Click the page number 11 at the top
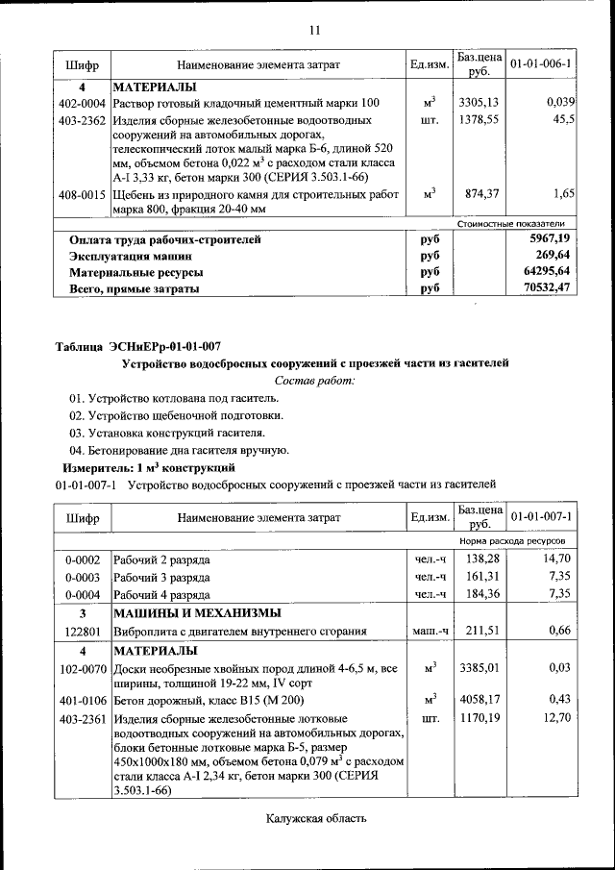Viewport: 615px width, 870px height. [313, 30]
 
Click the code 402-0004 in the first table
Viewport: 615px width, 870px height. [82, 103]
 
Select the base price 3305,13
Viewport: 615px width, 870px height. [479, 103]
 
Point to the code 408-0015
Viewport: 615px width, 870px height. [82, 195]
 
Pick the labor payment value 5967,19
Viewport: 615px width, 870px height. [549, 238]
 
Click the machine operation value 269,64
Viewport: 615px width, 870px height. [553, 255]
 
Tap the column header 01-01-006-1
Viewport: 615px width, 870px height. [541, 64]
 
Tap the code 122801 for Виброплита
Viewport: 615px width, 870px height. [82, 632]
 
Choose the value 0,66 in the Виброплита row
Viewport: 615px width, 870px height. [559, 632]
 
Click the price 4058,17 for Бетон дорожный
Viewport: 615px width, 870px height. [479, 700]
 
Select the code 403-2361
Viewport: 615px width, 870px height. [82, 718]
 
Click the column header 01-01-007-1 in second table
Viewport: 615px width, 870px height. [541, 517]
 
